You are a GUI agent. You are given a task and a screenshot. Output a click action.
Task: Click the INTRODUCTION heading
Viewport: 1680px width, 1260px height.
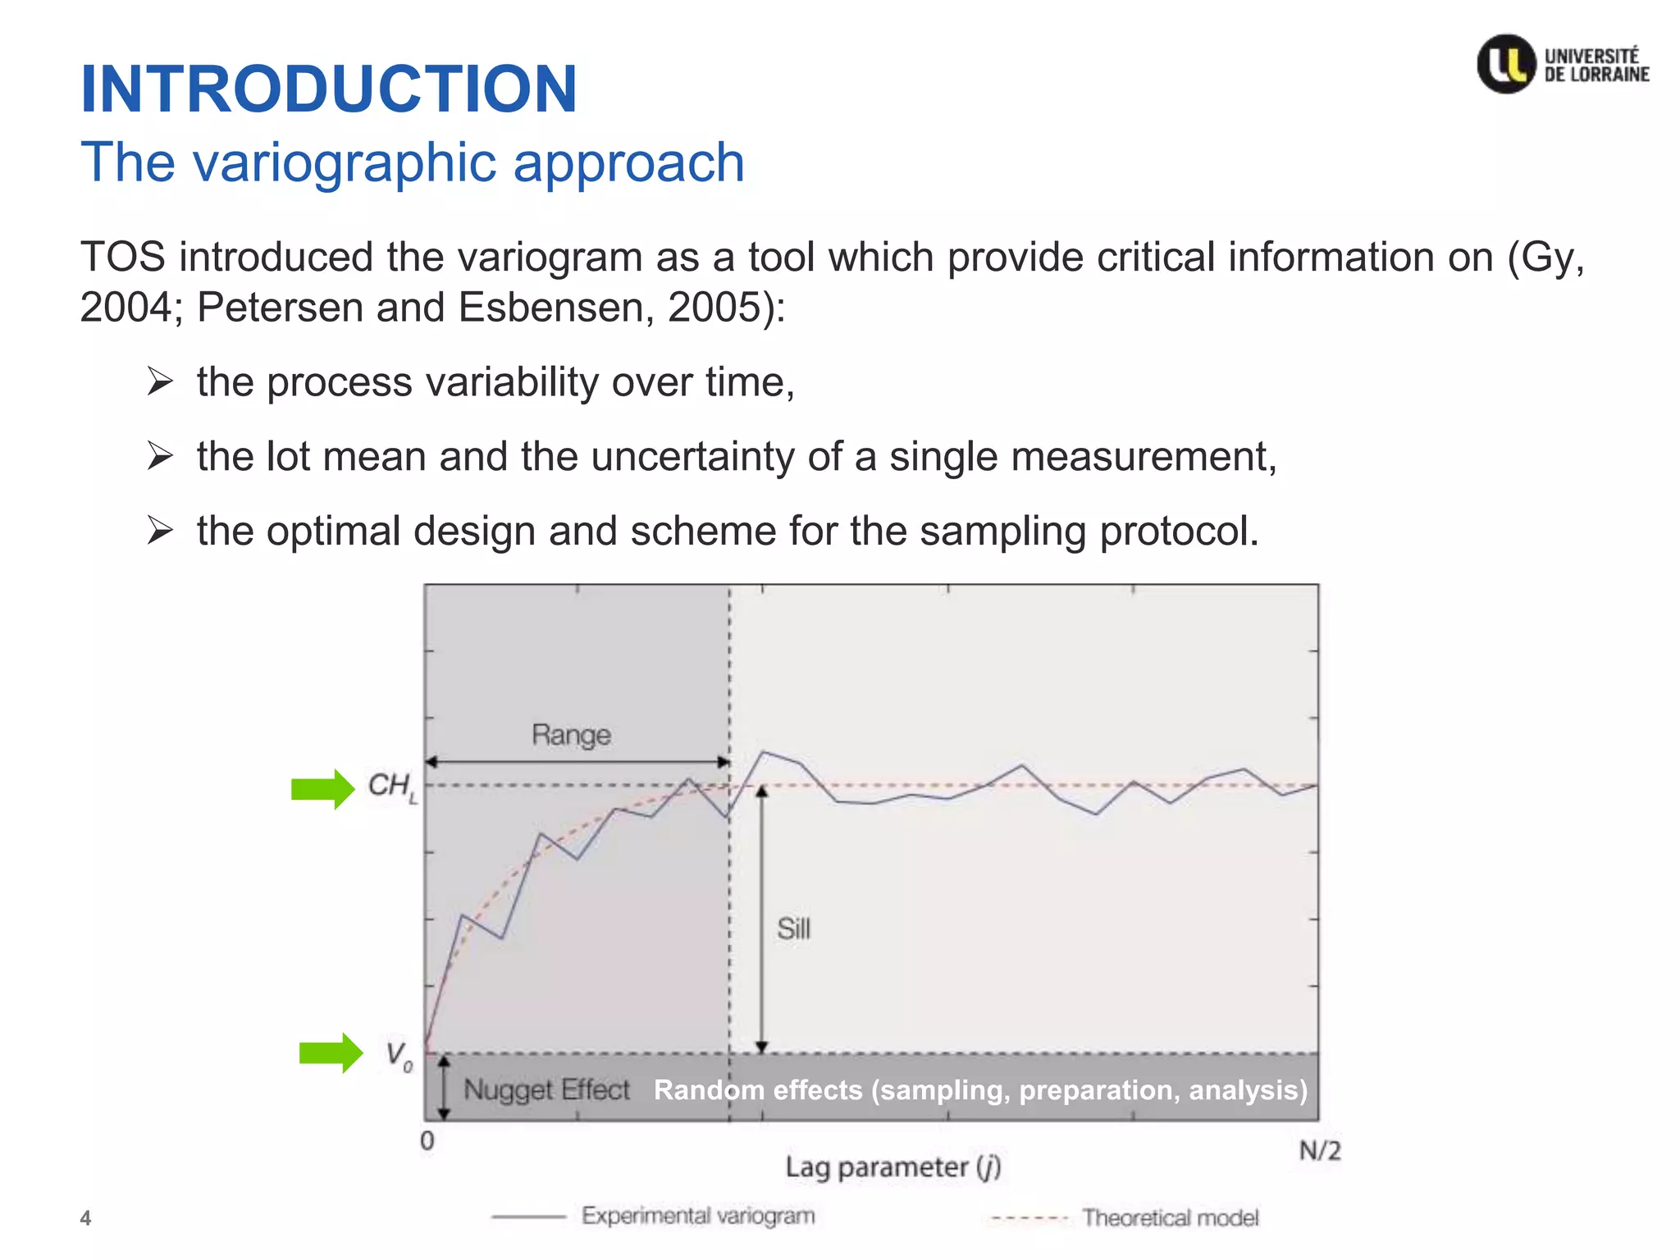329,89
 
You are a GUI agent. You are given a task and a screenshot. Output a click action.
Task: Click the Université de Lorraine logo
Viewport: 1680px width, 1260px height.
1563,64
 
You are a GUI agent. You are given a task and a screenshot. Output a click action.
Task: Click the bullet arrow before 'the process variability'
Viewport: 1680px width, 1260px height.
160,382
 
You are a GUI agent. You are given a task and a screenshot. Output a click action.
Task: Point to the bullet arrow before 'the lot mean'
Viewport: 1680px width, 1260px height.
160,456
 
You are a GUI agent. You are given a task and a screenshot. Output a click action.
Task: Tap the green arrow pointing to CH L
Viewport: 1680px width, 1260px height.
322,789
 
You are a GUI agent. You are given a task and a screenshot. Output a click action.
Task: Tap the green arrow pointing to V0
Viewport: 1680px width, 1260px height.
330,1052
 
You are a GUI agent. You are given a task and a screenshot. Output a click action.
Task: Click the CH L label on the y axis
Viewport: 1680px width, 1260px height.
392,787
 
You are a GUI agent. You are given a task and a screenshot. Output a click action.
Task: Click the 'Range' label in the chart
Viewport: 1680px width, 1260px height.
571,735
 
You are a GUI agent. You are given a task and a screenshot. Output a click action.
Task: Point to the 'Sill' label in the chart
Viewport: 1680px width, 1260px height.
793,929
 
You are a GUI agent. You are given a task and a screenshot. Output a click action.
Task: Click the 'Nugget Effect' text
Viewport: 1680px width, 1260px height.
546,1089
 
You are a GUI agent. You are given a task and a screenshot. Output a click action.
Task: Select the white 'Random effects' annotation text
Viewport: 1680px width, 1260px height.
980,1089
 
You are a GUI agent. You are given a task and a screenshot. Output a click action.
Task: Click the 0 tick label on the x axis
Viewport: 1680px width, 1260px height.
427,1140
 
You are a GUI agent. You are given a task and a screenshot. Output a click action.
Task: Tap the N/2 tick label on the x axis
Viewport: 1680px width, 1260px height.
1320,1151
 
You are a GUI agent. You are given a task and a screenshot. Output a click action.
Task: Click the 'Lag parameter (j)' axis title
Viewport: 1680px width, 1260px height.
892,1166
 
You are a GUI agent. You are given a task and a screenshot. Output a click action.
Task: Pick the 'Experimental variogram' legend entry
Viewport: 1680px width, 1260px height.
697,1216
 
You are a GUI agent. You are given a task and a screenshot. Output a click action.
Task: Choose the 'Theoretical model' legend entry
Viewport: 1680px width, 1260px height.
1170,1217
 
